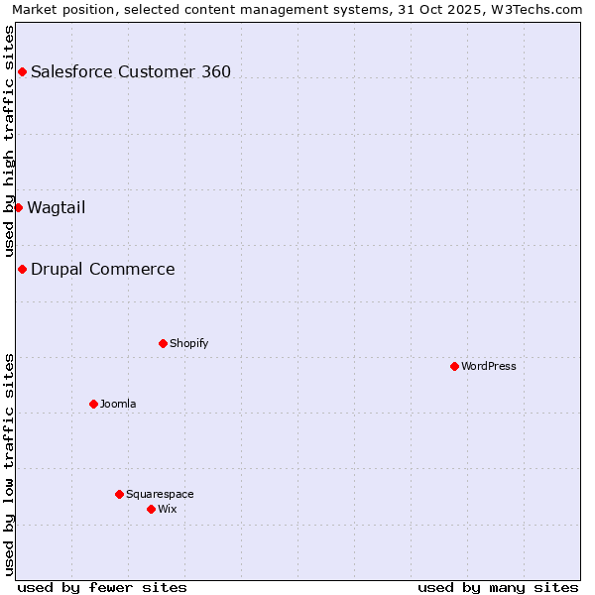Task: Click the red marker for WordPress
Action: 454,366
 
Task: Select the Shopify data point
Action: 163,343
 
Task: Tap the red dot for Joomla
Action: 93,404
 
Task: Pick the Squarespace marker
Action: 119,494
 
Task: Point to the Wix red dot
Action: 151,509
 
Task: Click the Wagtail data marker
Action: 18,207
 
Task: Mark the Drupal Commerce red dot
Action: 22,269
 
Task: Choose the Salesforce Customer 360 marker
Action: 22,71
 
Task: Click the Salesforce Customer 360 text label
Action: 131,71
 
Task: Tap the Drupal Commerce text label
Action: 103,269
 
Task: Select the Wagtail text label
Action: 57,207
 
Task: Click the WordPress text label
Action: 489,366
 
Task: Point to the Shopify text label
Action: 188,343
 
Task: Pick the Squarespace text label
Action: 160,494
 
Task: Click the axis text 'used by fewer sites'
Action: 102,587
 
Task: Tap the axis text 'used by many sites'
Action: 498,587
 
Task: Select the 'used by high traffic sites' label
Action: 10,141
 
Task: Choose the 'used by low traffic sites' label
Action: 10,464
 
